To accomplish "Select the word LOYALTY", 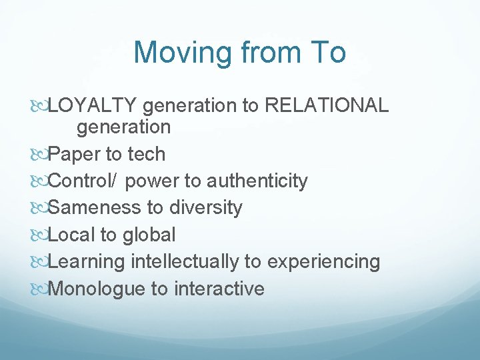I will [93, 106].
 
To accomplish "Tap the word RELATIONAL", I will [326, 106].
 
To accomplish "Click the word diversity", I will [205, 207].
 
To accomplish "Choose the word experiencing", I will [323, 262].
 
